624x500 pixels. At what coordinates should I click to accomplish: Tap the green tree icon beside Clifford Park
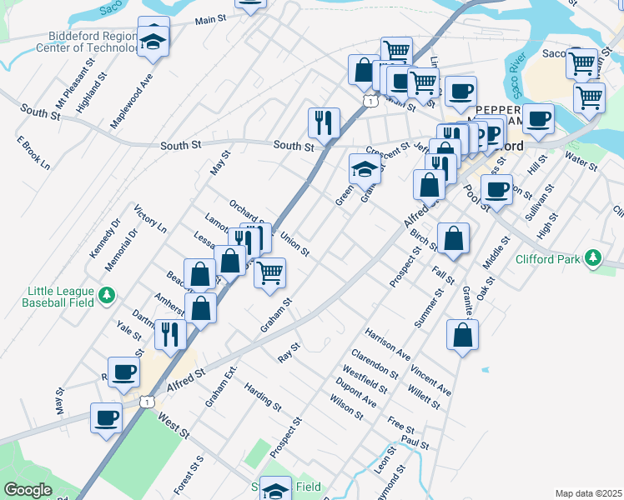(x=593, y=257)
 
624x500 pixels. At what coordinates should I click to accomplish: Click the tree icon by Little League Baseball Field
(x=106, y=295)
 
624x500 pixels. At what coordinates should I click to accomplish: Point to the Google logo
(x=28, y=490)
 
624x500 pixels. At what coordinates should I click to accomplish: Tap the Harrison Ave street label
(x=387, y=343)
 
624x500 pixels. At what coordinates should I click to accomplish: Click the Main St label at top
(x=212, y=20)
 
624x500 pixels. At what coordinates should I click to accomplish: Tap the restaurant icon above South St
(x=322, y=123)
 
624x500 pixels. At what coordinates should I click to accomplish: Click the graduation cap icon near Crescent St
(x=364, y=169)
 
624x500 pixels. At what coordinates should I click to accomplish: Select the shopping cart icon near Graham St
(x=269, y=272)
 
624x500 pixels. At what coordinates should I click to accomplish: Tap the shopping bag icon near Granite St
(x=461, y=336)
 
